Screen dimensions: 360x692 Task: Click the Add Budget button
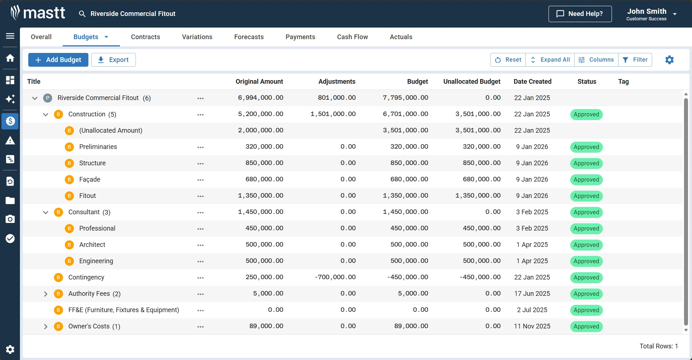(x=58, y=60)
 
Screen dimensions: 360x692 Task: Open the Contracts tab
(x=145, y=37)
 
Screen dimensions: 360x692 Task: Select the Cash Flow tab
(x=352, y=37)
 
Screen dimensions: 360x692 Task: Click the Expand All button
(x=550, y=60)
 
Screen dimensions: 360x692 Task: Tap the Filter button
(x=635, y=60)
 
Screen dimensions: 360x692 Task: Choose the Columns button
(x=596, y=60)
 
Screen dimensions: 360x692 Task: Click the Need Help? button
(x=580, y=14)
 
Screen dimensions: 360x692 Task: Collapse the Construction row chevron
(x=46, y=115)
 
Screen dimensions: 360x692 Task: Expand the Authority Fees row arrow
(x=46, y=294)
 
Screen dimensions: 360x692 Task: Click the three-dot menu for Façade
(x=200, y=180)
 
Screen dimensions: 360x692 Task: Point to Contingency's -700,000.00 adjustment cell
(x=335, y=277)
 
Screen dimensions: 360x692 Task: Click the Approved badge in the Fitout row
(x=586, y=196)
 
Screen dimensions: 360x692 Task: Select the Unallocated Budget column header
(x=472, y=82)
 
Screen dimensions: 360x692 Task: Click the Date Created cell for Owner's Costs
(x=532, y=326)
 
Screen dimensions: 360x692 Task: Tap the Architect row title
(x=92, y=245)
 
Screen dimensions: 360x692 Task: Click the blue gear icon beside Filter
(x=670, y=60)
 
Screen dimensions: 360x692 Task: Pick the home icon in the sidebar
(x=10, y=58)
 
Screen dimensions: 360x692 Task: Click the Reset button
(x=508, y=60)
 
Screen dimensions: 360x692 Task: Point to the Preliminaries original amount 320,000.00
(x=264, y=147)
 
